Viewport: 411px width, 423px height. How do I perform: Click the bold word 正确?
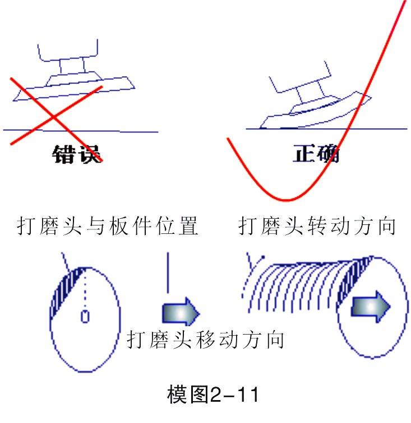click(x=316, y=153)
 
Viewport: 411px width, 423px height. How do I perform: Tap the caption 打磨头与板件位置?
click(x=108, y=227)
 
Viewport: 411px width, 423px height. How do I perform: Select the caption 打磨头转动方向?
click(x=317, y=227)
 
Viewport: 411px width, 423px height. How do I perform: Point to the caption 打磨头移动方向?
click(x=205, y=340)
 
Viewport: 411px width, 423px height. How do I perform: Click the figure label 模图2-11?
click(x=213, y=395)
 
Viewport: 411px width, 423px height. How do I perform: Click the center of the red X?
click(x=53, y=116)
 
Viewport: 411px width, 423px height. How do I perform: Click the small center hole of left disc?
click(x=85, y=317)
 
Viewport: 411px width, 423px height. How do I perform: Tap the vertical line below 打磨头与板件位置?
click(x=167, y=271)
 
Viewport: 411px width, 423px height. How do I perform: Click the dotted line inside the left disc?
click(x=85, y=291)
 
